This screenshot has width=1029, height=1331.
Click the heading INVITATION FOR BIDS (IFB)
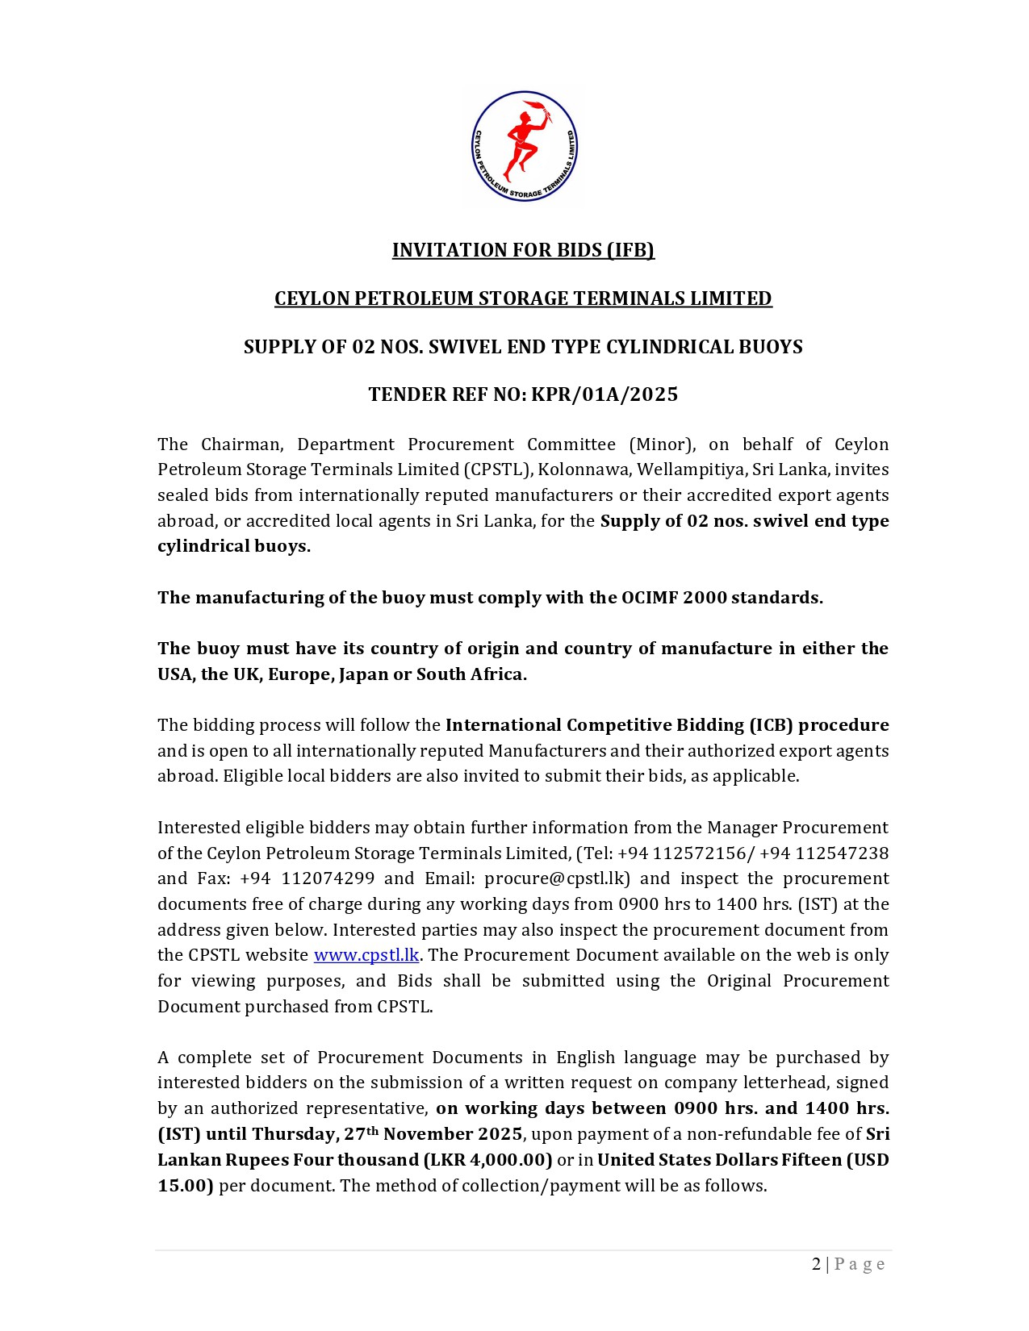[x=523, y=250]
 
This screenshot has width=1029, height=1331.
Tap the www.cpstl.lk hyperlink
[x=366, y=955]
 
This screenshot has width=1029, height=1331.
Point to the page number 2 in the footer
[x=816, y=1264]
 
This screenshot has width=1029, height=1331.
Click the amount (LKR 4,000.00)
[x=487, y=1160]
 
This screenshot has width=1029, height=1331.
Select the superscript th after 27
[x=372, y=1130]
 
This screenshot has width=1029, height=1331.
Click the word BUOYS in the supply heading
[x=769, y=347]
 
